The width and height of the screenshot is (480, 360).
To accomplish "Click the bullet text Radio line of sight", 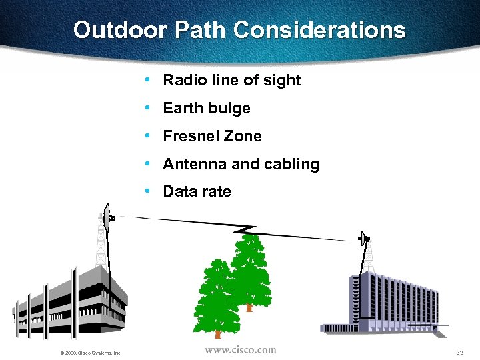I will click(x=232, y=81).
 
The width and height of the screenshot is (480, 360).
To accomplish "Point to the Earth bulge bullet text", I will click(x=207, y=109).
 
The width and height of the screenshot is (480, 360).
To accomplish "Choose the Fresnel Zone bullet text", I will click(x=212, y=137).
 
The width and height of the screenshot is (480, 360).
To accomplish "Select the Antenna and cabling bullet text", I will click(x=241, y=165).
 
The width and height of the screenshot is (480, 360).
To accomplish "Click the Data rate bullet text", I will click(x=197, y=192).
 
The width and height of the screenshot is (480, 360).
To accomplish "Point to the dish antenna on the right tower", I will click(x=363, y=238).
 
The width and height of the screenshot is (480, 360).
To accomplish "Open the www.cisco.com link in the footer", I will click(x=240, y=350).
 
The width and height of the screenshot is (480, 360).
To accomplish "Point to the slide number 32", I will click(x=459, y=352).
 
